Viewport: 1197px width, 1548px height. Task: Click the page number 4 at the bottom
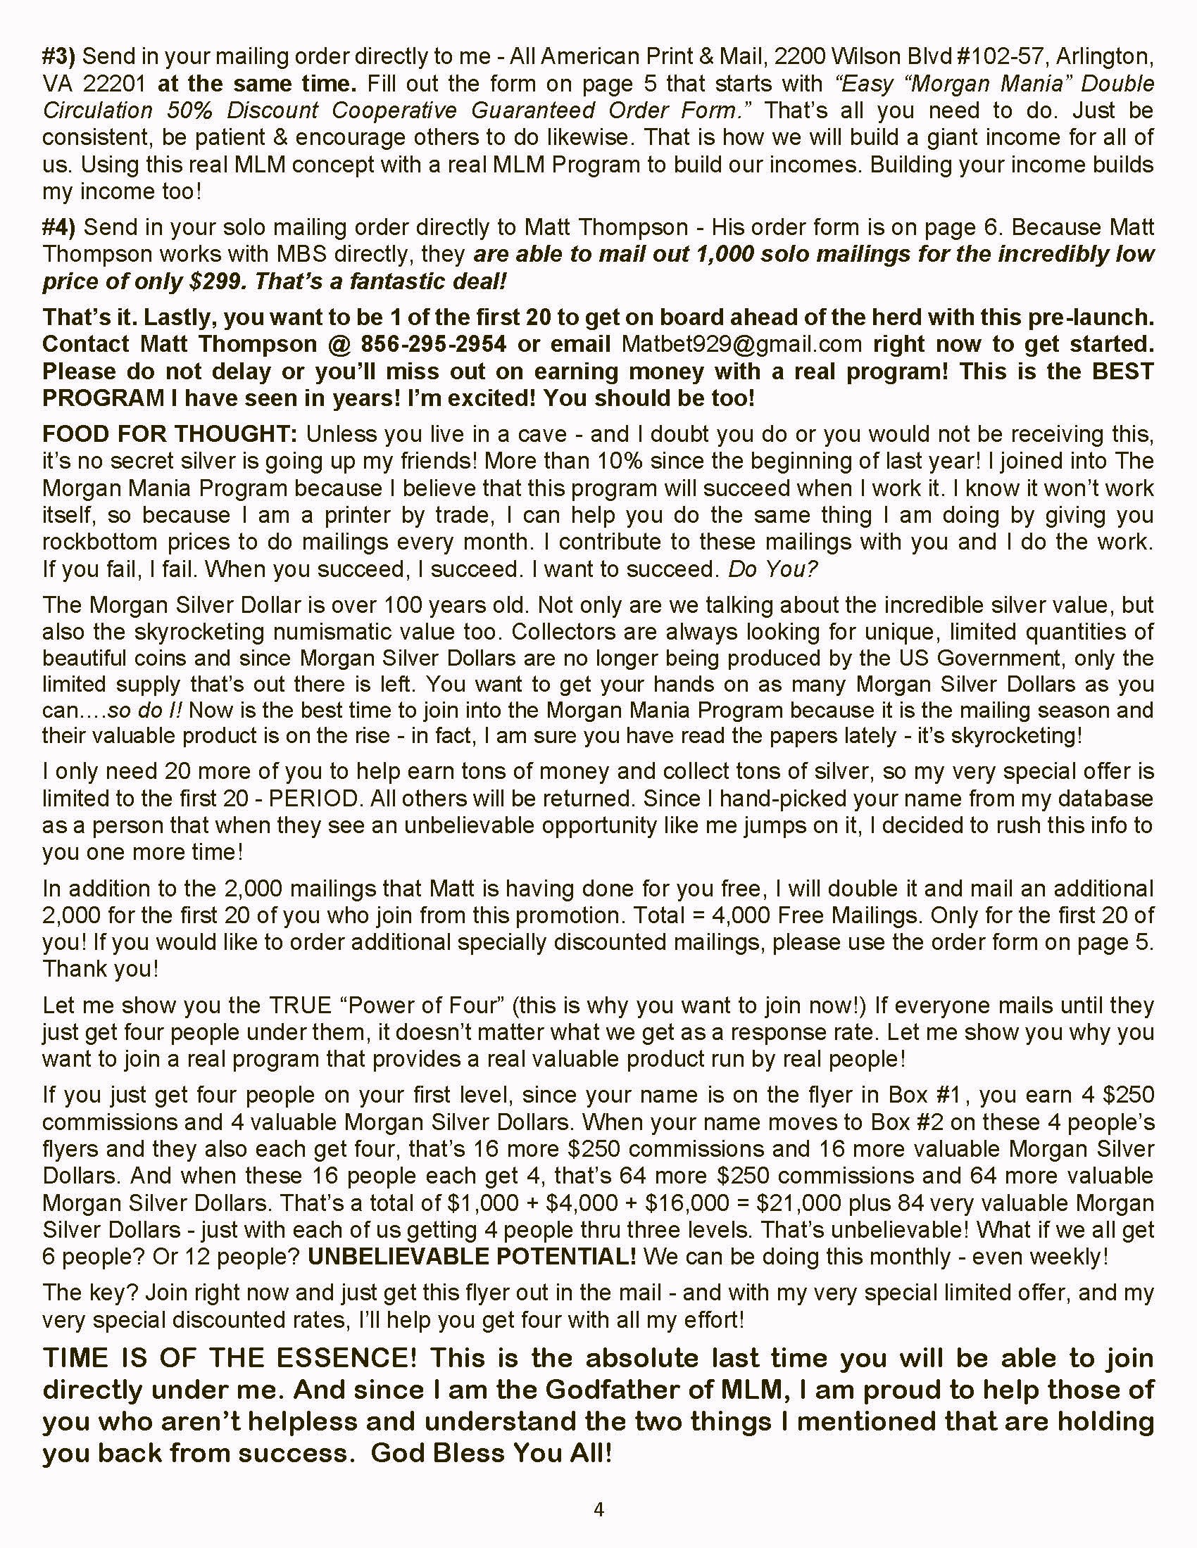[598, 1510]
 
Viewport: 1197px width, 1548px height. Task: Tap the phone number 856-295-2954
[433, 344]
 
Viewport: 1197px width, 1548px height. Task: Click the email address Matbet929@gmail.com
[741, 344]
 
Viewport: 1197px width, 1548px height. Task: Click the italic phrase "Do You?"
[773, 569]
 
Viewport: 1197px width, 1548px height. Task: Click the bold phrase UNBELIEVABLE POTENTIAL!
[472, 1257]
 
